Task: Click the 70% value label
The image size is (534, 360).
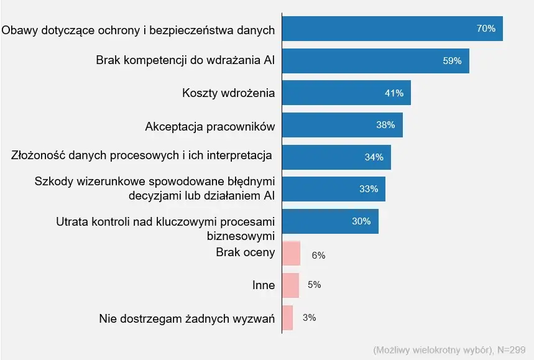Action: (486, 29)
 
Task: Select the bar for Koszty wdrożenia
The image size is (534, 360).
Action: (346, 93)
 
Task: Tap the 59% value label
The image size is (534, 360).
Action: (452, 61)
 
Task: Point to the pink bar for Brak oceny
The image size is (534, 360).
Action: (291, 254)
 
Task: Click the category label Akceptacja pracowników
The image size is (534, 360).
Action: (209, 126)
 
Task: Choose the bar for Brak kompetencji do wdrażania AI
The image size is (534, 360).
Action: (375, 61)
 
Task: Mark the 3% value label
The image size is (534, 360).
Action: (309, 318)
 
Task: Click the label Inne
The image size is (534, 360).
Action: (263, 285)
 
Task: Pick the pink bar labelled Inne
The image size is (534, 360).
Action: (290, 285)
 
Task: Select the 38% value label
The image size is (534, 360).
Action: (385, 125)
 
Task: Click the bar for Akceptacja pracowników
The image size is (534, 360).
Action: (342, 125)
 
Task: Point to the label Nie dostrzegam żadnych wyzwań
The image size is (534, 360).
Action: (186, 319)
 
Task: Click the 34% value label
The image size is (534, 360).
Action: (374, 157)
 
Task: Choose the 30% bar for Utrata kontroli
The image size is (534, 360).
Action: (330, 221)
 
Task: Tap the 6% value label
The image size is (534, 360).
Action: (318, 255)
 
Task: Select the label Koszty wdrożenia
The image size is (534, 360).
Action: (228, 93)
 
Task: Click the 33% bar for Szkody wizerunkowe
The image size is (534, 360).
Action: (333, 189)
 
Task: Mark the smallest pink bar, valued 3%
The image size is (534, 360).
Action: (287, 318)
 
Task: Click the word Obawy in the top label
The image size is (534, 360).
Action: (18, 29)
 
